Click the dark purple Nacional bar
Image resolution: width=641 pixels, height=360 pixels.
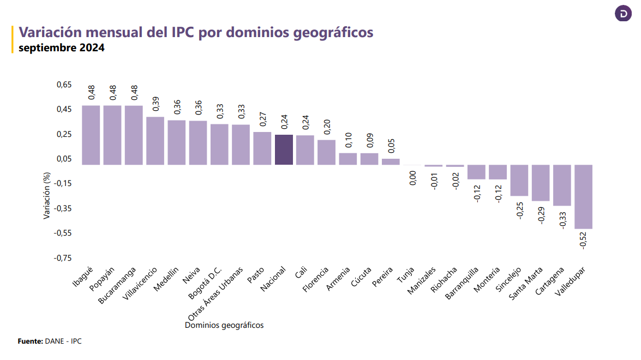pos(284,150)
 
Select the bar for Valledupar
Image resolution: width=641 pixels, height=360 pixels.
pos(584,197)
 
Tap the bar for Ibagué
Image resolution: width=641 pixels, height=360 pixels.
pos(91,135)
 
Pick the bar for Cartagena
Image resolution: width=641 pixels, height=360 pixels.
pos(562,185)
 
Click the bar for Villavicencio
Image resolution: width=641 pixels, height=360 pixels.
pos(155,141)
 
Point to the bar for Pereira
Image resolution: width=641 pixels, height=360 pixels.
pos(391,161)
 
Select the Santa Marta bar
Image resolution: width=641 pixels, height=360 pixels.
pos(541,183)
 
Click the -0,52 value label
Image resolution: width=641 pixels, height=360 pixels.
pos(583,241)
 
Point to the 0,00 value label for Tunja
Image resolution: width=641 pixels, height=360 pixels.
pos(412,178)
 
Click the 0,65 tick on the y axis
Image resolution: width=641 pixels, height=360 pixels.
pos(64,85)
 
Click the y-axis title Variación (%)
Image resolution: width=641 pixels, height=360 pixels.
pos(47,195)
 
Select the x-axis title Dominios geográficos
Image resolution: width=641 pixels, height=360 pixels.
pos(224,326)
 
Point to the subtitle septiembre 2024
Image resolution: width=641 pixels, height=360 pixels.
pos(61,48)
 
